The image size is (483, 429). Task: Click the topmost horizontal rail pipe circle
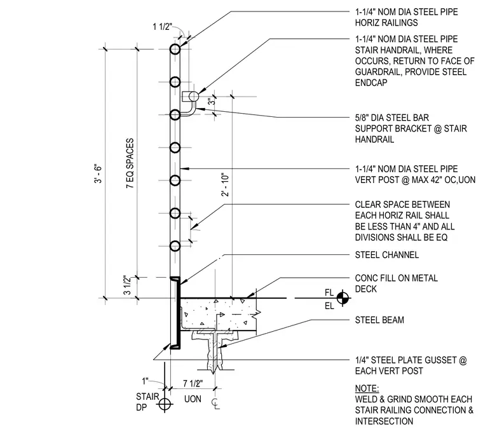coord(175,49)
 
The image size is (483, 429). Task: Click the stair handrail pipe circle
coord(194,97)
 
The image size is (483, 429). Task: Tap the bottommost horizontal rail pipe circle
coord(175,246)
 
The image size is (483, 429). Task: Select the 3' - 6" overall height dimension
coord(98,174)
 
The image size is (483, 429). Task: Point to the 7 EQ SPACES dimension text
coord(130,163)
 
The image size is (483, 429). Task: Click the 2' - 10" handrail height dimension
coord(225,184)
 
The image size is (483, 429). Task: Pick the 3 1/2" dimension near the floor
coord(127,285)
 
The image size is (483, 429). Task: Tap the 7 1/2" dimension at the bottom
coord(193,383)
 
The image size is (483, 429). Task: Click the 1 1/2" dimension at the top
coord(162,27)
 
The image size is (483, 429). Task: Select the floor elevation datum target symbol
coord(342,298)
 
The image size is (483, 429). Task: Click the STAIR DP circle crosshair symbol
coord(165,404)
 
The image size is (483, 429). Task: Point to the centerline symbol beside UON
coord(216,404)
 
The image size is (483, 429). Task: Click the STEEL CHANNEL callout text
coord(387,255)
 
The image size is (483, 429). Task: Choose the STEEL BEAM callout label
coord(379,320)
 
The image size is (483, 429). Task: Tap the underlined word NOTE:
coord(367,388)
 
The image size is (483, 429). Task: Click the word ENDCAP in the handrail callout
coord(371,83)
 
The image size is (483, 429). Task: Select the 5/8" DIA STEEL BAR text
coord(392,118)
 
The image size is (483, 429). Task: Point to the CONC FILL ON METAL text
coord(397,278)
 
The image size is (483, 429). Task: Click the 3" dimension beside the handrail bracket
coord(210,101)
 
